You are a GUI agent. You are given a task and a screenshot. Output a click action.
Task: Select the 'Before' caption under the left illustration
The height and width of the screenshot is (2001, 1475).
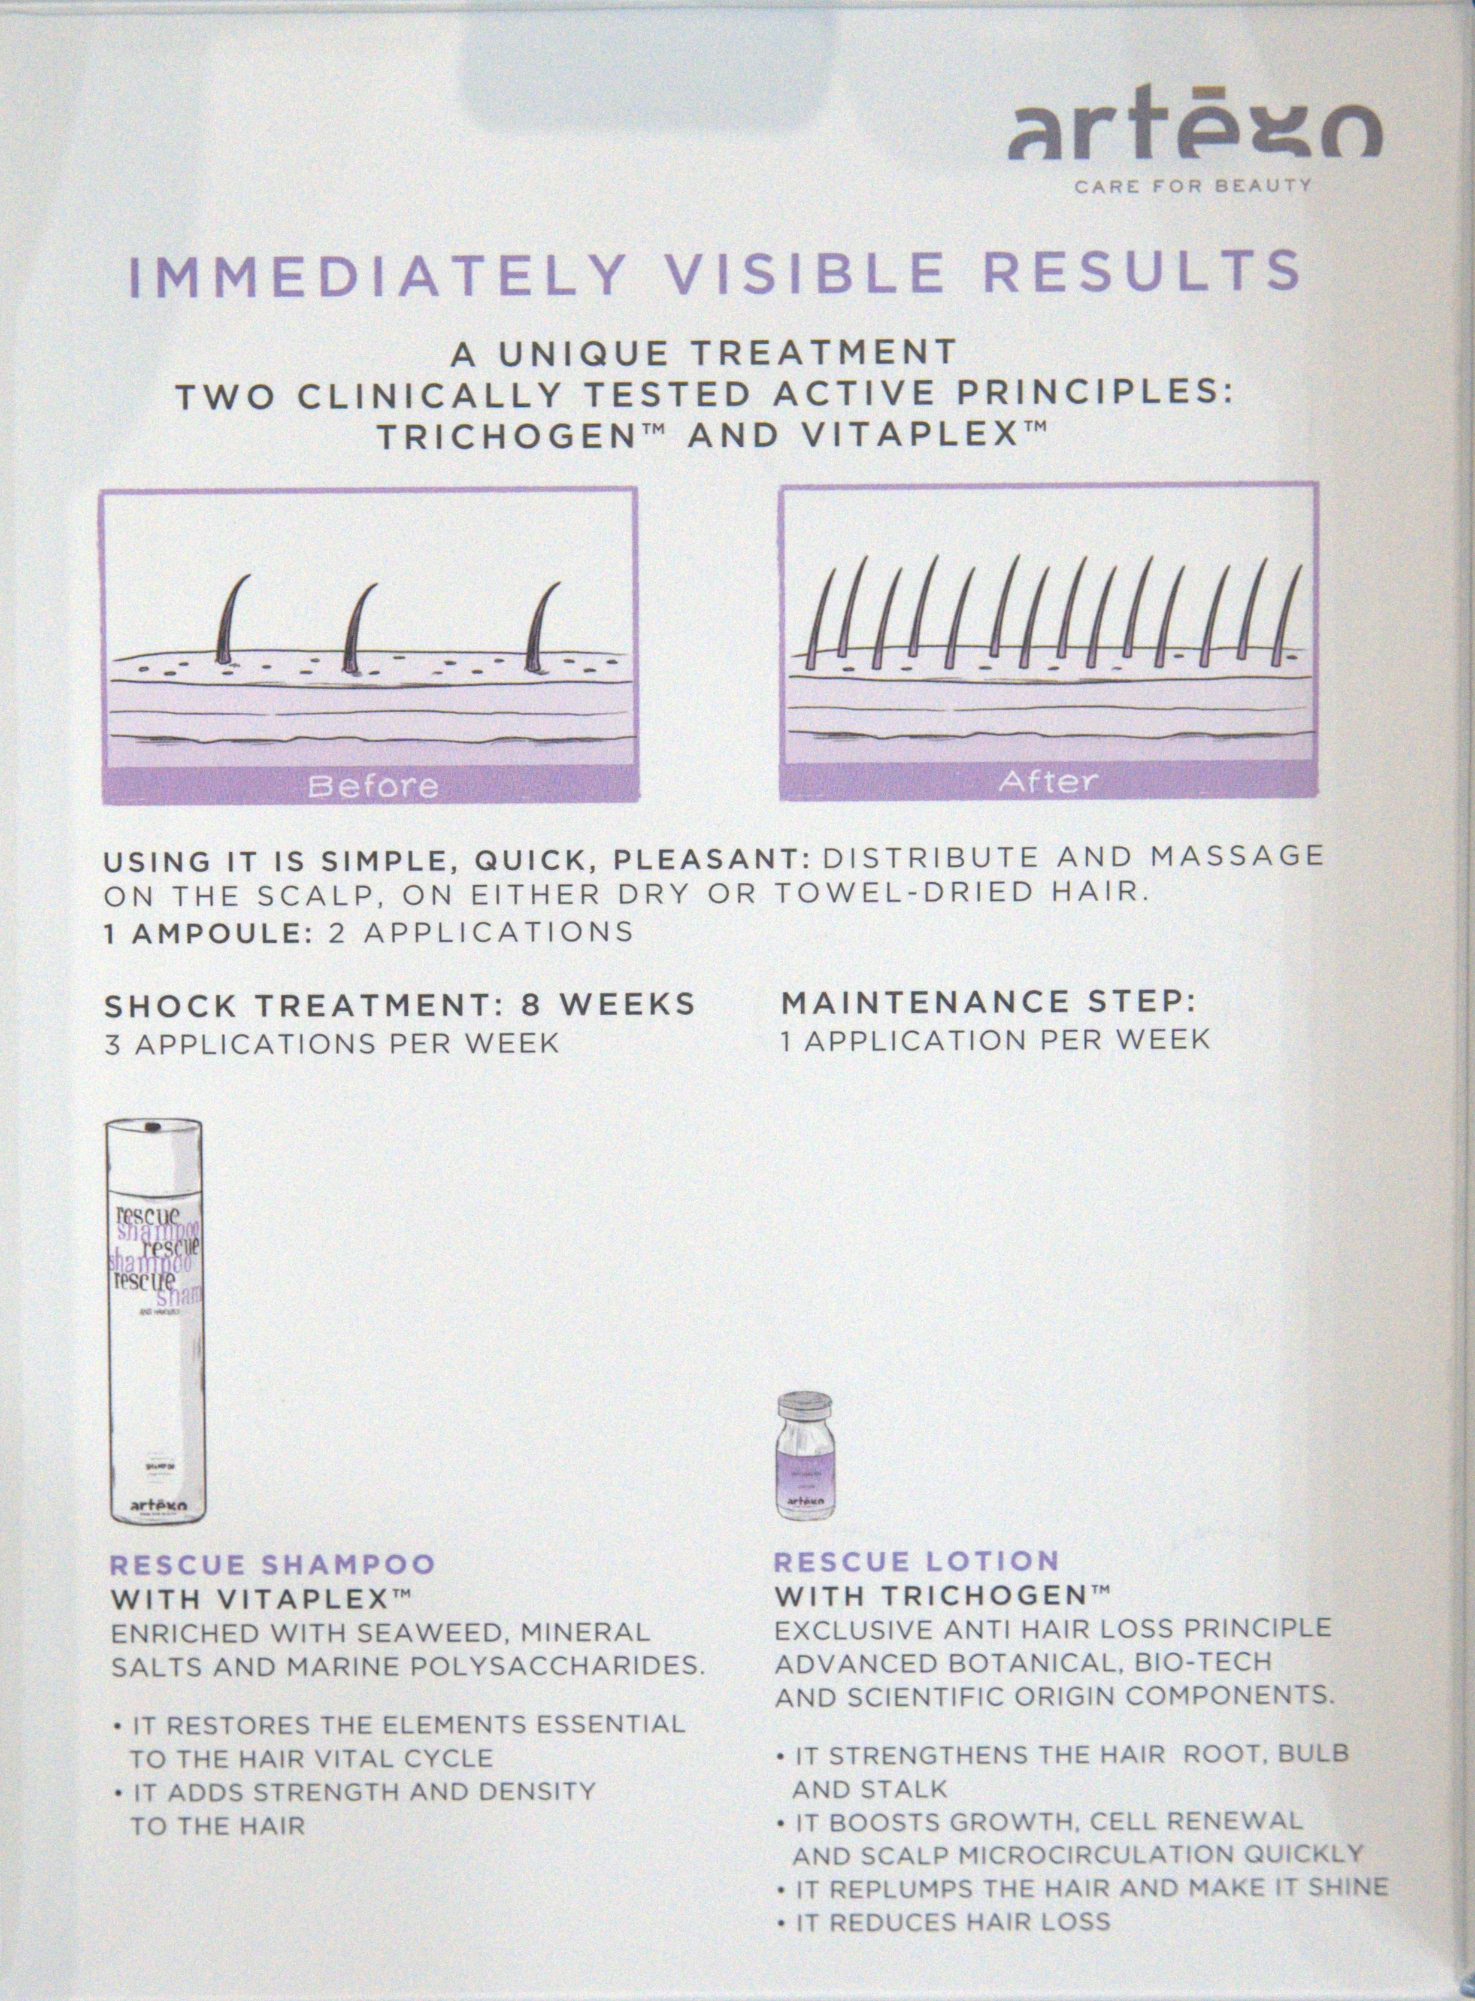coord(373,786)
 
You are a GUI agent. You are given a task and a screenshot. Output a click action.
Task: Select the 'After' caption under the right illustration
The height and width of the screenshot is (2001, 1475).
coord(1047,781)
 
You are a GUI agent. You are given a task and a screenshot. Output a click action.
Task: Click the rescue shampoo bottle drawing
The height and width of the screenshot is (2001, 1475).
coord(156,1321)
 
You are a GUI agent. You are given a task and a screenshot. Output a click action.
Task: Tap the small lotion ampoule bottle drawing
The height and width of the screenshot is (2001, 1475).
coord(808,1455)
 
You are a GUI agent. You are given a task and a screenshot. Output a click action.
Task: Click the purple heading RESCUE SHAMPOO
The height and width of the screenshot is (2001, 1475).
coord(272,1564)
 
